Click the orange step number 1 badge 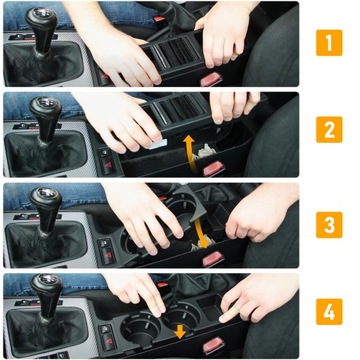click(329, 43)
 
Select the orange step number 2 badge click(329, 130)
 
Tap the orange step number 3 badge click(329, 225)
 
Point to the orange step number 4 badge click(329, 312)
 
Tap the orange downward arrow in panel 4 click(180, 332)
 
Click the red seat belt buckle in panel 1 click(211, 79)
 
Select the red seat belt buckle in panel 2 click(214, 169)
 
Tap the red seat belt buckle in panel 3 click(212, 259)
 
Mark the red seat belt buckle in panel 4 click(214, 345)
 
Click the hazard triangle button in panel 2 click(108, 165)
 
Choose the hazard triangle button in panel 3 click(108, 255)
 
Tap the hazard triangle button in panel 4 click(108, 341)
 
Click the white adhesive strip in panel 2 click(157, 144)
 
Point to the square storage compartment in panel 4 click(209, 308)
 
